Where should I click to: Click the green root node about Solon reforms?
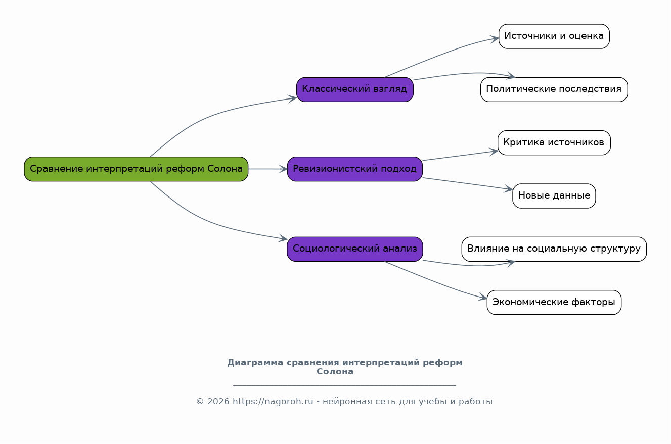tap(136, 169)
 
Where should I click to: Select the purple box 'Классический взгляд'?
tap(355, 89)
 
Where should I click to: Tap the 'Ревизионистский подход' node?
tap(355, 169)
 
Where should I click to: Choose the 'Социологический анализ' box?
tap(355, 249)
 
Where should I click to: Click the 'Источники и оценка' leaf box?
tap(554, 36)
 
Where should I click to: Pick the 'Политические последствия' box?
tap(554, 89)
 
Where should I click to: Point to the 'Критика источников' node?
tap(554, 143)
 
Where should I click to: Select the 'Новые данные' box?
tap(554, 196)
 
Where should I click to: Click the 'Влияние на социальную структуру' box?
tap(554, 249)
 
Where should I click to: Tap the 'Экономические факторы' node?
tap(554, 303)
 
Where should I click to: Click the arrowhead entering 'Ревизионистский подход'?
tap(283, 169)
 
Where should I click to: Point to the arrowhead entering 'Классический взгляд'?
tap(293, 98)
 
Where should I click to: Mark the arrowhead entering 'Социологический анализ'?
tap(283, 238)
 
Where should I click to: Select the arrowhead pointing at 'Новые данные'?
tap(509, 189)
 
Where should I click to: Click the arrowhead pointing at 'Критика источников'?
tap(494, 152)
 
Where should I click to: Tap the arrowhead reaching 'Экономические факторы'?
tap(483, 298)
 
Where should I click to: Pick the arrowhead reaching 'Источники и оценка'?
tap(495, 39)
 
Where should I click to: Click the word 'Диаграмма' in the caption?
tap(255, 363)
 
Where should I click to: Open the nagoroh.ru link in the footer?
tap(273, 402)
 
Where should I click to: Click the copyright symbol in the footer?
tap(200, 402)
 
